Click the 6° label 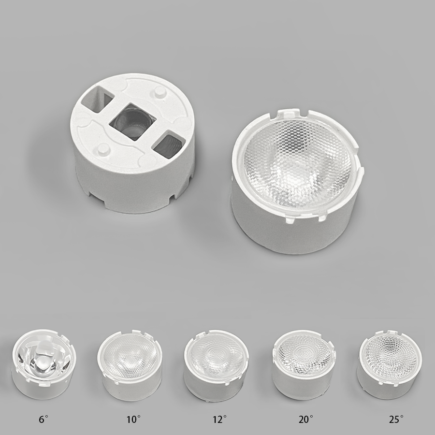43,419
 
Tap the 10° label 133,419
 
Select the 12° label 220,419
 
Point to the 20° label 306,419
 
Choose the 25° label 396,419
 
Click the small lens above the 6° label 43,364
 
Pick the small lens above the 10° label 130,365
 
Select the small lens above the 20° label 304,364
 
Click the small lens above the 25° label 391,364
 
